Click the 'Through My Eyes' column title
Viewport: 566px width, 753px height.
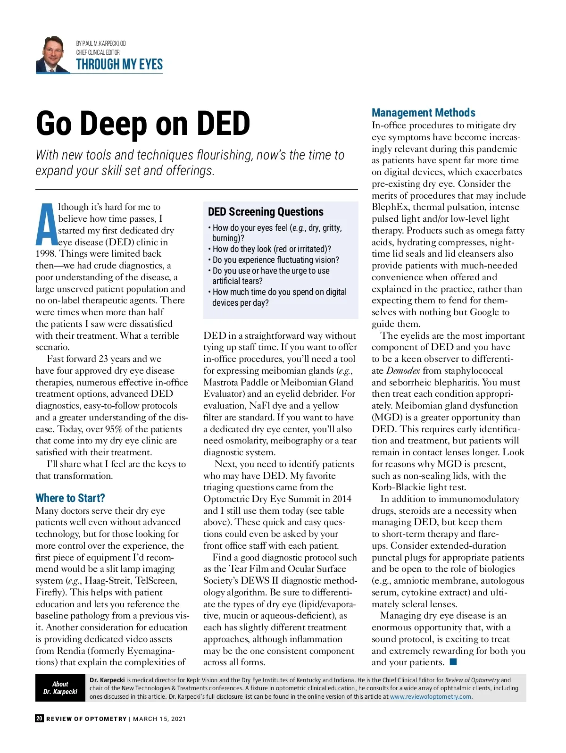point(119,65)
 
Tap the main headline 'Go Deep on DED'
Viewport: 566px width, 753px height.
point(143,124)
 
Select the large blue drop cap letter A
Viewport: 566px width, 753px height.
point(46,225)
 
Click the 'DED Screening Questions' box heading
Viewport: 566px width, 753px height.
point(266,212)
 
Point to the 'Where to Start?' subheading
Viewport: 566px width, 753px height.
point(70,498)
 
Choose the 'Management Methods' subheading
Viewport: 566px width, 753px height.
point(423,113)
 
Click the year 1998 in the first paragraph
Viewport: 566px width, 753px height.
point(45,254)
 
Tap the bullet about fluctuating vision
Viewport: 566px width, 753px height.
point(275,260)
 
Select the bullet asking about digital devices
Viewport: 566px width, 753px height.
point(279,297)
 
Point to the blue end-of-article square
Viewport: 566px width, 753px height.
point(453,662)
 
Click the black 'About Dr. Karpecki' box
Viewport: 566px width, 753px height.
point(60,688)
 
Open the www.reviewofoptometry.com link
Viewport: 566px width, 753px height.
point(430,697)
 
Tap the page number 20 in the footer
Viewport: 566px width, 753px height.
point(39,719)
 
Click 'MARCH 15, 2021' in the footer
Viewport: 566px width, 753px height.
point(159,719)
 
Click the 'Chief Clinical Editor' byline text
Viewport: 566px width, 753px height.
point(98,52)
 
